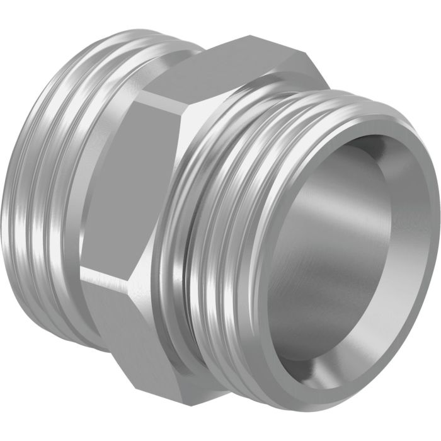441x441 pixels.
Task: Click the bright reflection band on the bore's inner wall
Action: pos(296,252)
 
